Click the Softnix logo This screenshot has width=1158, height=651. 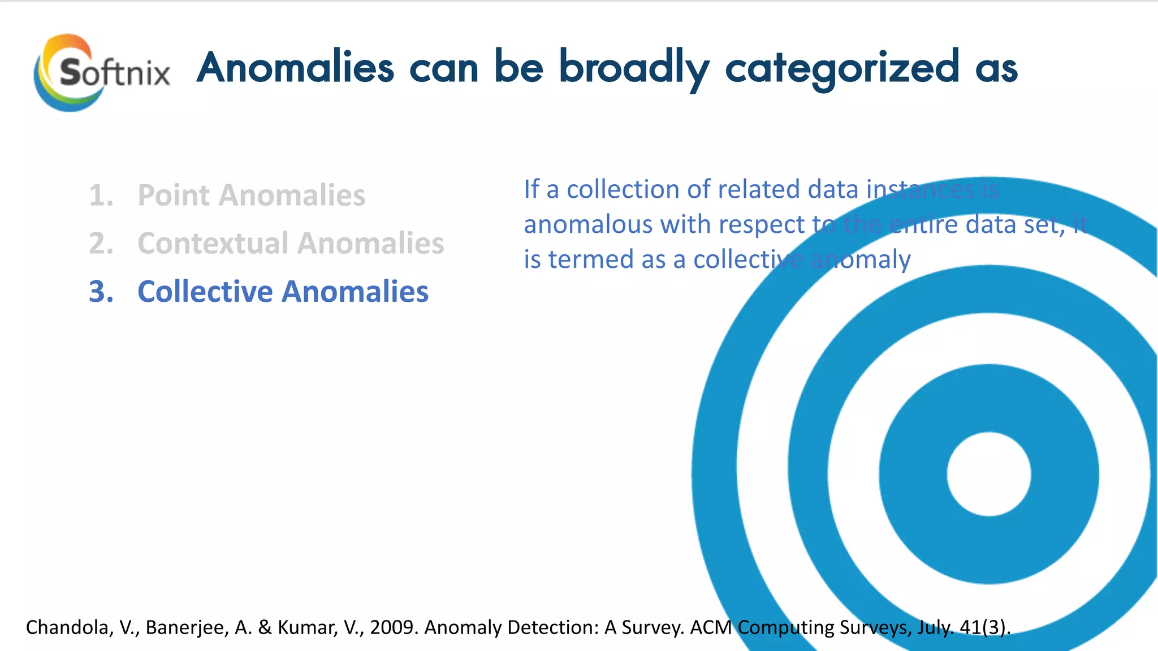pyautogui.click(x=102, y=72)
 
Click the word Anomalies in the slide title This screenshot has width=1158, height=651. pyautogui.click(x=295, y=68)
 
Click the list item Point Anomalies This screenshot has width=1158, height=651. pyautogui.click(x=251, y=196)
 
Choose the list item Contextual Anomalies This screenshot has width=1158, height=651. pyautogui.click(x=291, y=244)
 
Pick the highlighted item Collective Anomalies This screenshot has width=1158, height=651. pyautogui.click(x=283, y=292)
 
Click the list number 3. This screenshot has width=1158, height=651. pyautogui.click(x=101, y=292)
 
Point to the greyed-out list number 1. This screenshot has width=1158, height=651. pyautogui.click(x=101, y=196)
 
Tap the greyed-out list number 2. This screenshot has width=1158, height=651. pyautogui.click(x=101, y=244)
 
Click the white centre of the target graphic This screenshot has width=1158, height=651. pyautogui.click(x=988, y=474)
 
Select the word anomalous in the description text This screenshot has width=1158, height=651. pyautogui.click(x=588, y=225)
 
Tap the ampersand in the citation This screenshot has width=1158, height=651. pyautogui.click(x=264, y=627)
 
